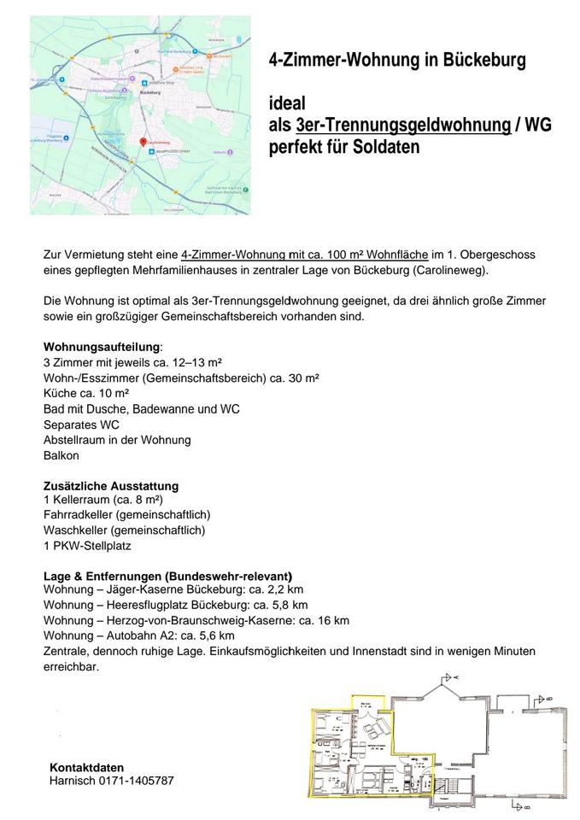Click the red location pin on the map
(x=143, y=141)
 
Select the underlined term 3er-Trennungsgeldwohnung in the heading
(x=402, y=126)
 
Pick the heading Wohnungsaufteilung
(x=101, y=347)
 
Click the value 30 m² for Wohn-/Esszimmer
(x=302, y=378)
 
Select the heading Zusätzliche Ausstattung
(x=111, y=486)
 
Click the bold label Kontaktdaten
(x=87, y=767)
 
